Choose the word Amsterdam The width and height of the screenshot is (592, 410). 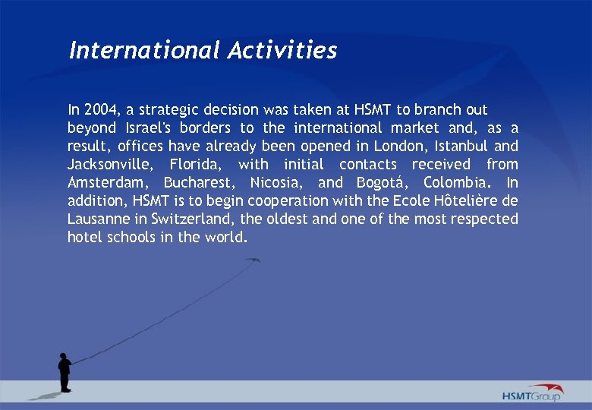coord(107,183)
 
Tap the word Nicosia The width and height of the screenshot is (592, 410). coord(276,183)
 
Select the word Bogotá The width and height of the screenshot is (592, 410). coord(381,183)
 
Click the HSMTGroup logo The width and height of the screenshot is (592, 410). coord(531,393)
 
